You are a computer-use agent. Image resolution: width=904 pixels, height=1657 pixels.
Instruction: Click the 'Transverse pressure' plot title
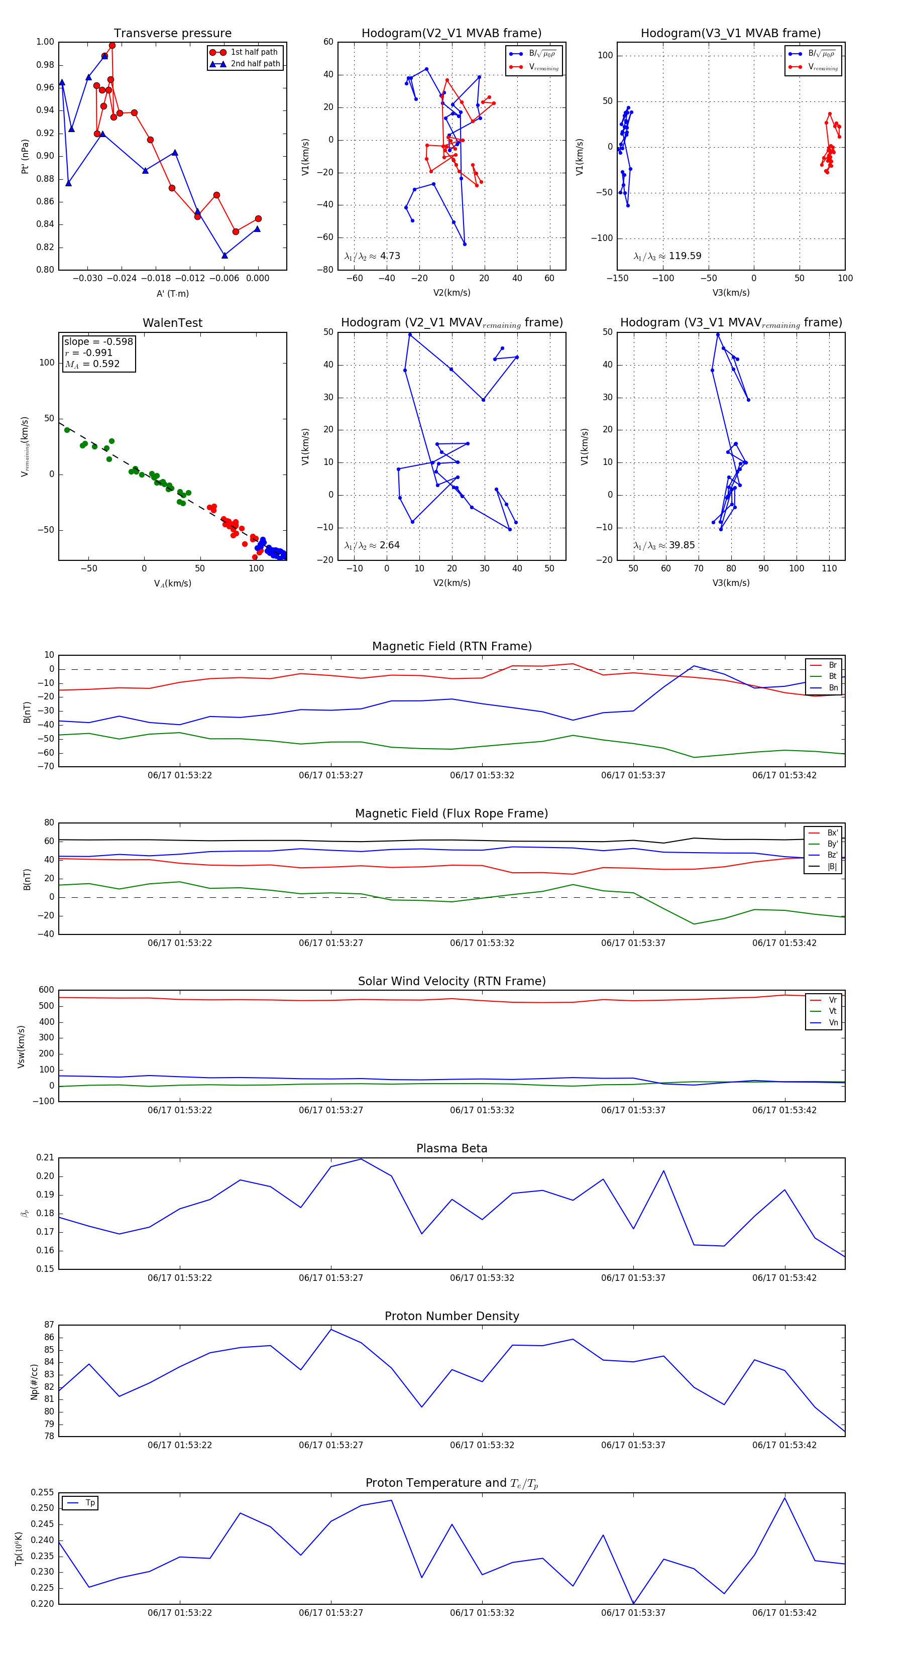pyautogui.click(x=172, y=34)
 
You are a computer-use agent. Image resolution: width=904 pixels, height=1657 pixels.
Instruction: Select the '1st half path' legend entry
pyautogui.click(x=254, y=52)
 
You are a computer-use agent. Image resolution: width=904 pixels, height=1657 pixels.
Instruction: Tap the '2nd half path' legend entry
pyautogui.click(x=255, y=64)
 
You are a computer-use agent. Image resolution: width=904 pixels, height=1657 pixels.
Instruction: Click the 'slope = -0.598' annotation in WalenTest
pyautogui.click(x=98, y=341)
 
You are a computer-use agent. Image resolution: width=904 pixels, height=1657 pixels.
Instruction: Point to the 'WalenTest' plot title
pyautogui.click(x=172, y=323)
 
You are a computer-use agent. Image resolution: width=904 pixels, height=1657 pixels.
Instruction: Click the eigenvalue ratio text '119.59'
pyautogui.click(x=685, y=256)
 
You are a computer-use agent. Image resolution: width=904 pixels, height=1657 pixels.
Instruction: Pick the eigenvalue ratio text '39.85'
pyautogui.click(x=682, y=545)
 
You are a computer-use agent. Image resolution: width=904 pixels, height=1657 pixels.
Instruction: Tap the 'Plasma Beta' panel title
pyautogui.click(x=451, y=1148)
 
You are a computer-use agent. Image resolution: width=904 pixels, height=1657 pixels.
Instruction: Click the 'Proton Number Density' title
pyautogui.click(x=451, y=1316)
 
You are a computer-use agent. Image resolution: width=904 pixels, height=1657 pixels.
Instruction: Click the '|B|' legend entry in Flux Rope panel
pyautogui.click(x=832, y=867)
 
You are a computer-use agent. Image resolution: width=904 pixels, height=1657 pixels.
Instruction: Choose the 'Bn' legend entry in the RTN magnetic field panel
pyautogui.click(x=833, y=687)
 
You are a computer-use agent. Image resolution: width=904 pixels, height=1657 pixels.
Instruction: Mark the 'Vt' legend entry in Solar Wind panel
pyautogui.click(x=833, y=1011)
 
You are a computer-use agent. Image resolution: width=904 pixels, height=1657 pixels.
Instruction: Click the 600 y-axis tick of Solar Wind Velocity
pyautogui.click(x=46, y=990)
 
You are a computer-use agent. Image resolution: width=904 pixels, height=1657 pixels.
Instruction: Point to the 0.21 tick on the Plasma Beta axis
pyautogui.click(x=45, y=1157)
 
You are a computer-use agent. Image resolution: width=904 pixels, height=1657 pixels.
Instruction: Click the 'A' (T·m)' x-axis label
pyautogui.click(x=172, y=293)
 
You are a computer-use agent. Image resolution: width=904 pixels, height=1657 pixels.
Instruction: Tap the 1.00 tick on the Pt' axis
pyautogui.click(x=45, y=42)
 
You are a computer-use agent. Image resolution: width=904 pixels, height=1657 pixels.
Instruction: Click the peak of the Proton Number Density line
pyautogui.click(x=331, y=1329)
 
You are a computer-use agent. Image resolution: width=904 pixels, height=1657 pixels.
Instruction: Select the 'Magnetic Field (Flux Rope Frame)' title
pyautogui.click(x=451, y=814)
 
